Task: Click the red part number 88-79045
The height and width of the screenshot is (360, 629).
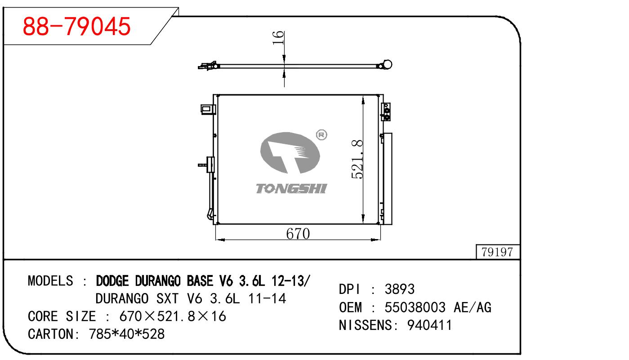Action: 77,26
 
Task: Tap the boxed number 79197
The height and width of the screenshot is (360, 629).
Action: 497,252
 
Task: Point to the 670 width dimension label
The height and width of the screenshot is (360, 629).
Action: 298,233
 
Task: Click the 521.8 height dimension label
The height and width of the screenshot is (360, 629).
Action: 357,160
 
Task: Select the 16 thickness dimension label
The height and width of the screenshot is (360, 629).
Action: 278,38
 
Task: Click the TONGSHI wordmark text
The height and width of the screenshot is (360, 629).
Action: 291,189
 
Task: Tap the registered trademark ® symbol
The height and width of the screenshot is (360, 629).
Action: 321,135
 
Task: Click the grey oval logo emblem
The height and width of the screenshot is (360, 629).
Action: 290,153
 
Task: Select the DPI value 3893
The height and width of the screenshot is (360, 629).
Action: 399,289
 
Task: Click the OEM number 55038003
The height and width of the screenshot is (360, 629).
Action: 415,307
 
